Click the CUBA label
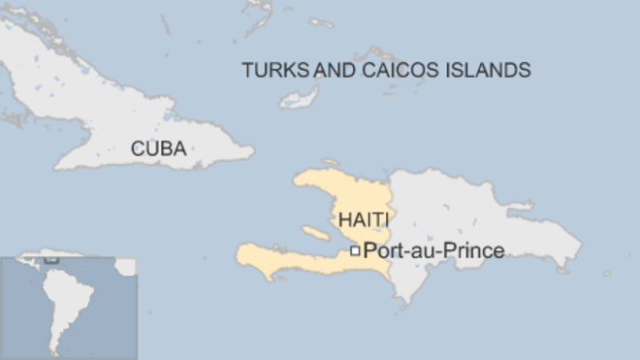pyautogui.click(x=158, y=149)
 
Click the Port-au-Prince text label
pyautogui.click(x=433, y=251)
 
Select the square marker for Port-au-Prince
pyautogui.click(x=356, y=251)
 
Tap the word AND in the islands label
pyautogui.click(x=333, y=70)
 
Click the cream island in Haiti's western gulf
pyautogui.click(x=316, y=233)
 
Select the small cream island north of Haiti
pyautogui.click(x=331, y=162)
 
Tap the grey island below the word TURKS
pyautogui.click(x=300, y=98)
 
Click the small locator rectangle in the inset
pyautogui.click(x=50, y=260)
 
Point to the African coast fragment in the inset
pyautogui.click(x=128, y=265)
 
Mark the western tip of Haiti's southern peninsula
pyautogui.click(x=238, y=256)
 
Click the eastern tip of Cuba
pyautogui.click(x=252, y=151)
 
